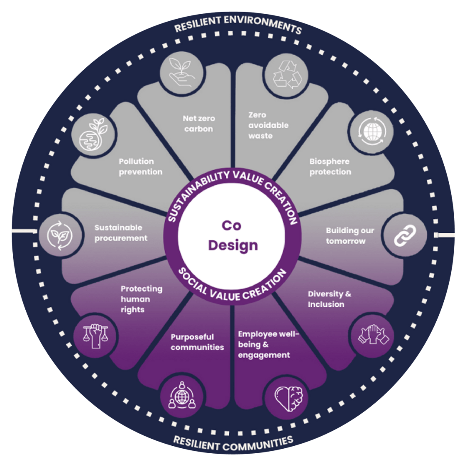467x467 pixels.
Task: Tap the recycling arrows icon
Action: point(286,75)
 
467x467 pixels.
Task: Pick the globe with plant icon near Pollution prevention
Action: point(93,135)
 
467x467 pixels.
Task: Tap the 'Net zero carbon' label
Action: point(198,124)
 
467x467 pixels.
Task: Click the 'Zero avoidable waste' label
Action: point(268,125)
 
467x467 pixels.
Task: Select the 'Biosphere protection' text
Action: point(330,166)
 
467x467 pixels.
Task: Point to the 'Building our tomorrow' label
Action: point(350,236)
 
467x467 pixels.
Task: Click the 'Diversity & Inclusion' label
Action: point(329,299)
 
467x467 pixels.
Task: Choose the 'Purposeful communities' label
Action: point(197,342)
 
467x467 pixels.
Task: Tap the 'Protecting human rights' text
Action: point(141,299)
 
